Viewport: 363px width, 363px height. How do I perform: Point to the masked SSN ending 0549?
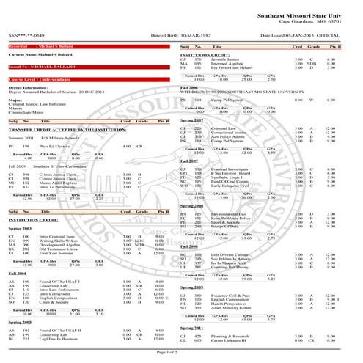point(29,34)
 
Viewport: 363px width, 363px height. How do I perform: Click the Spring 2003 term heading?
point(21,230)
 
